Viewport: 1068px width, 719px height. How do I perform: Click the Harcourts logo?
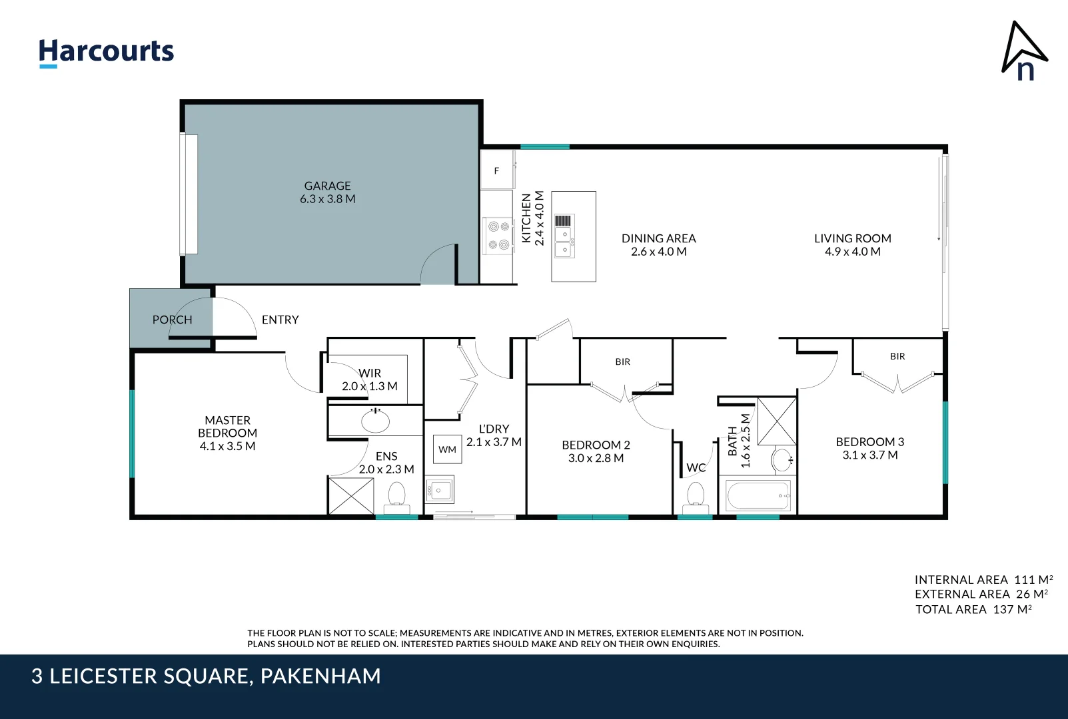(106, 52)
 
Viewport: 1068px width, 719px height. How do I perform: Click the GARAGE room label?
(327, 186)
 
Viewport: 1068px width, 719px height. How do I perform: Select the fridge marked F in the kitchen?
(496, 170)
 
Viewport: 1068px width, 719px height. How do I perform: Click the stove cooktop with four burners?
(498, 236)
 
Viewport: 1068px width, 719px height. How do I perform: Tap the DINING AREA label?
(658, 238)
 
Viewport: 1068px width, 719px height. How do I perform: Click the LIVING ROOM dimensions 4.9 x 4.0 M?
(852, 252)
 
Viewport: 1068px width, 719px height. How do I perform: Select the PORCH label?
(172, 320)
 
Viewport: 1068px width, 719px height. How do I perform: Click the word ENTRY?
(280, 320)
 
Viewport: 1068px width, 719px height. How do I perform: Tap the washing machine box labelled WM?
(447, 449)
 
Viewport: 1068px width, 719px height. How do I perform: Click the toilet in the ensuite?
(396, 496)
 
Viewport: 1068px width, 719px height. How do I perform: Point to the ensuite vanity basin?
(375, 421)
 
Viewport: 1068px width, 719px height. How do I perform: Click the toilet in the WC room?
(695, 497)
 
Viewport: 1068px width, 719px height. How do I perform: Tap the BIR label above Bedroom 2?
(622, 361)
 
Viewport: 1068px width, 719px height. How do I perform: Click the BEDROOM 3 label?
(869, 442)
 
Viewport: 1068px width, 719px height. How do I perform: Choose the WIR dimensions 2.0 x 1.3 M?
(369, 386)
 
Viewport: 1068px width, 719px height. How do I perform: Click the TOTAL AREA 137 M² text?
(973, 609)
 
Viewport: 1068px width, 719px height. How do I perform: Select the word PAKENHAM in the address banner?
(320, 676)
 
